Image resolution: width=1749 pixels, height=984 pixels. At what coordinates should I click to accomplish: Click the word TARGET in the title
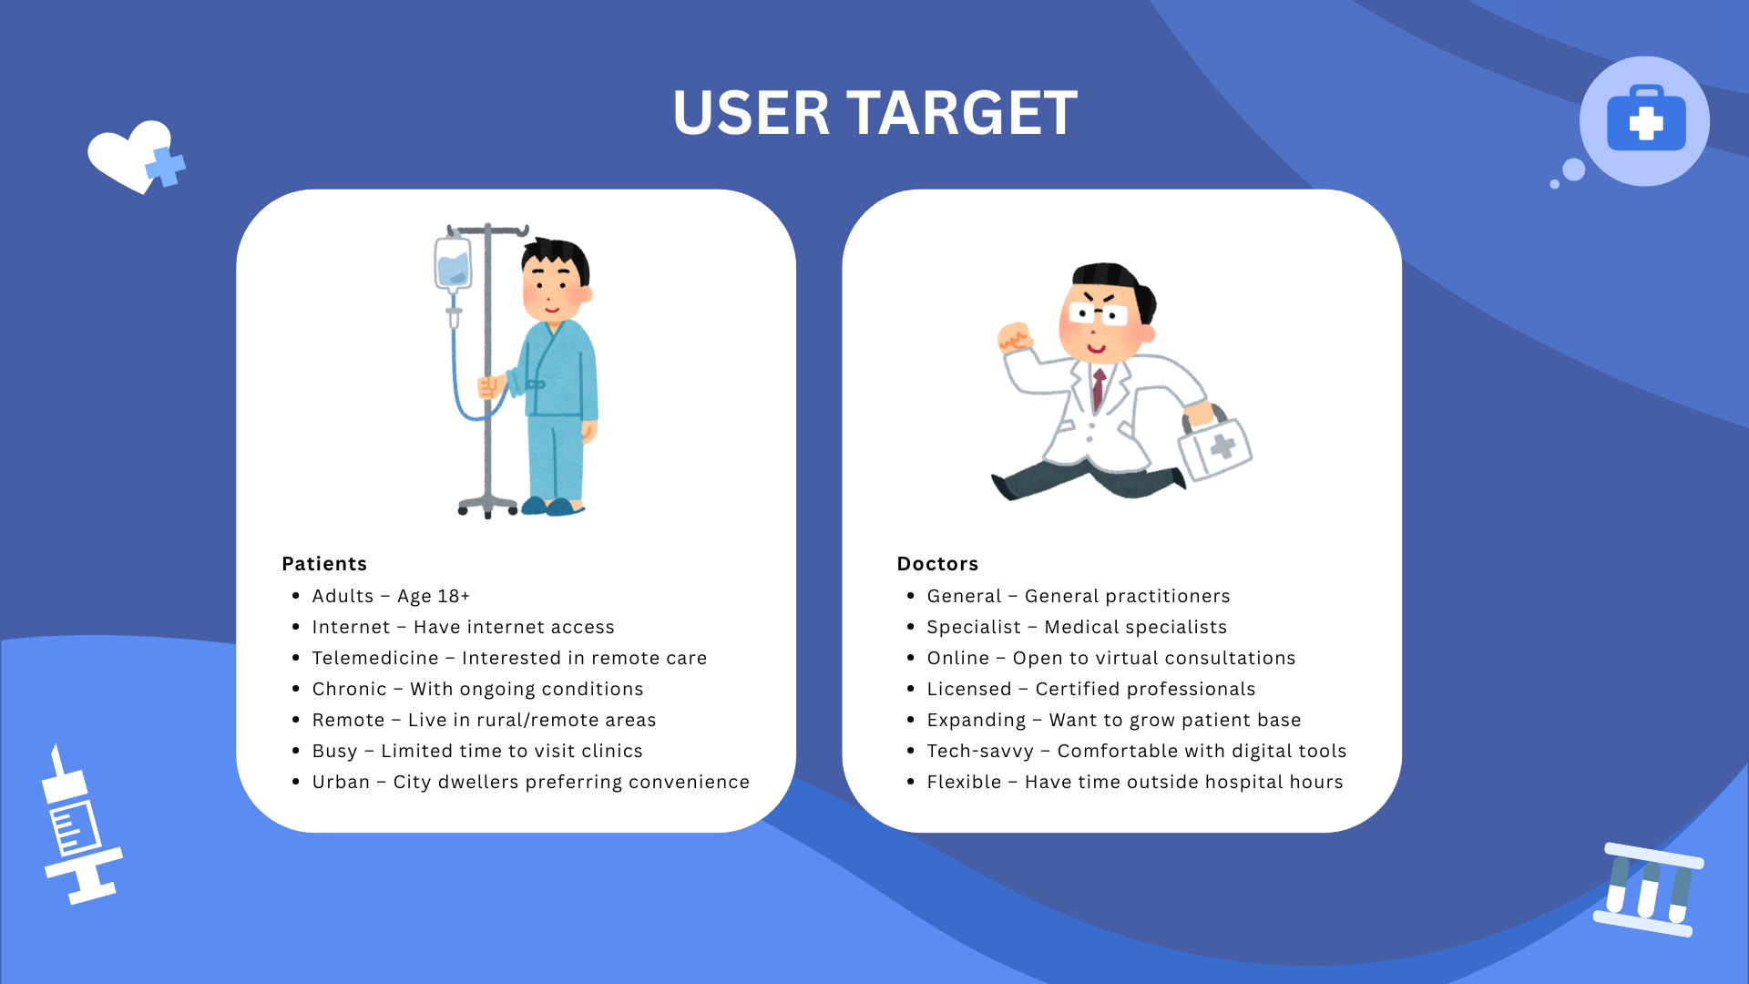tap(963, 113)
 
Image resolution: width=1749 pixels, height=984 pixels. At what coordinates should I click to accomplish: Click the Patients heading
tap(324, 564)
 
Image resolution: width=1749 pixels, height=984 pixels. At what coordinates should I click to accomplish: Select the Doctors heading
tap(937, 564)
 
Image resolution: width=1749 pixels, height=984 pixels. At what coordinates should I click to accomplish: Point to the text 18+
tap(453, 596)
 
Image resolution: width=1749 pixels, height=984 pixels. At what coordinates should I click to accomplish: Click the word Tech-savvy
tap(980, 751)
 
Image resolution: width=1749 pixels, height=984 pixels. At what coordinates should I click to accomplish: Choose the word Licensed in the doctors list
tap(969, 689)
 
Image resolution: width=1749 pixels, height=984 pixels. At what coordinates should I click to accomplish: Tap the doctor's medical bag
tap(1214, 444)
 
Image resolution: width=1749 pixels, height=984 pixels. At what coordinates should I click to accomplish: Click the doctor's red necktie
tap(1099, 387)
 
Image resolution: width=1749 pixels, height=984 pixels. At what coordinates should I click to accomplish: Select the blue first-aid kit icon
tap(1646, 119)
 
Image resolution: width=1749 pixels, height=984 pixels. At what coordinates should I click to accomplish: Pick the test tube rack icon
tap(1649, 889)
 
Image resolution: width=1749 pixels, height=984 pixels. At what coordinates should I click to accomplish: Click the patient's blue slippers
tap(553, 507)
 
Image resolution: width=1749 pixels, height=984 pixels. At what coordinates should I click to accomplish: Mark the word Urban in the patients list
tap(341, 782)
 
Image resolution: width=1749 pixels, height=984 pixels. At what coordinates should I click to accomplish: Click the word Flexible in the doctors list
tap(964, 782)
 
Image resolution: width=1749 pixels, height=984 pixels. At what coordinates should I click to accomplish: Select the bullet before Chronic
tap(295, 689)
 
